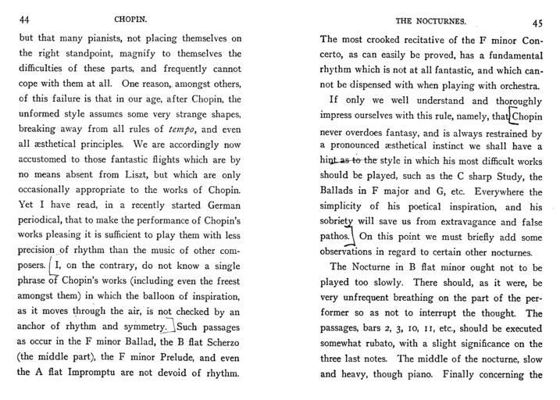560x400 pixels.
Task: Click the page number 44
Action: point(23,19)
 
